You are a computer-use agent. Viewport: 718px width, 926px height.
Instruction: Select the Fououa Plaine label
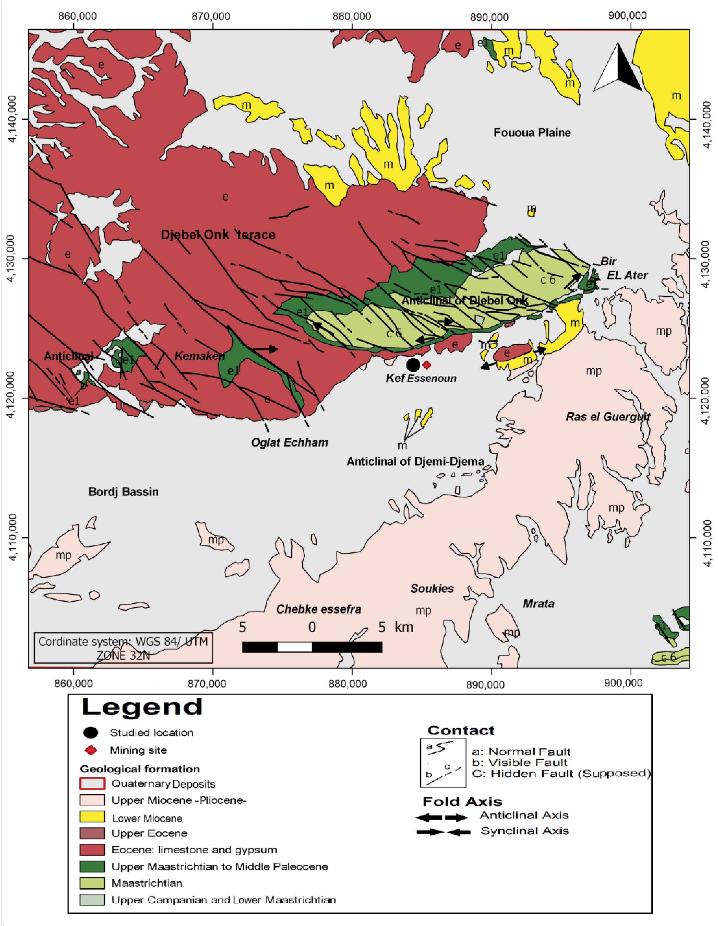[x=532, y=133]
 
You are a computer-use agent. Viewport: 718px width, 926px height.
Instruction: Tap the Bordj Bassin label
[x=123, y=492]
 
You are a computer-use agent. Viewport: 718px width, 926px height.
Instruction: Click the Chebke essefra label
[x=319, y=609]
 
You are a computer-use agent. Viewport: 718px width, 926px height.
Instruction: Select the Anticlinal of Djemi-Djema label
[x=415, y=461]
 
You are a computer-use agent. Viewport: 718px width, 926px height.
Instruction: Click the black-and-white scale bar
[x=312, y=647]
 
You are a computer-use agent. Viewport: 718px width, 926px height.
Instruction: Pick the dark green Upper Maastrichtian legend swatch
[x=92, y=866]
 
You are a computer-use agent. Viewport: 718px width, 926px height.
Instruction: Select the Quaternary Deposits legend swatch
[x=92, y=783]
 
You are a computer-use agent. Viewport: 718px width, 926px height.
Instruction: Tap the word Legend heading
[x=142, y=707]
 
